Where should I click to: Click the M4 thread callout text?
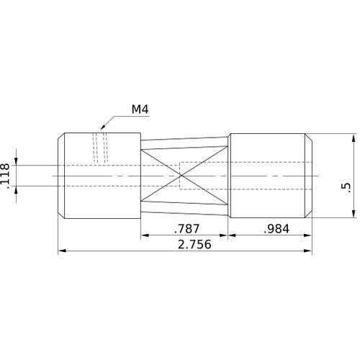140,109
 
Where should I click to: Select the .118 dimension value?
6,176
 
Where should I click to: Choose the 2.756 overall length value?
185,245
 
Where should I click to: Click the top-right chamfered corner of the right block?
310,136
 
